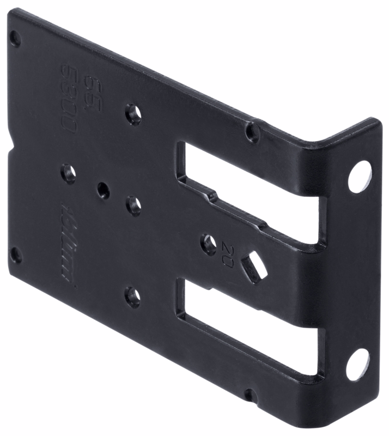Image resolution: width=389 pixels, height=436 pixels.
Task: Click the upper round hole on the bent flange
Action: point(360,177)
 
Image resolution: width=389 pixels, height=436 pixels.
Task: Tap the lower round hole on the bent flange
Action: point(357,364)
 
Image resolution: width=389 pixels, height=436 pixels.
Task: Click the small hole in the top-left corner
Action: point(15,39)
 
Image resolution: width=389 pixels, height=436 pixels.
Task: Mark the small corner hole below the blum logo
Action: point(16,255)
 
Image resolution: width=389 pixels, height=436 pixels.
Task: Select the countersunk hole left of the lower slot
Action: point(132,296)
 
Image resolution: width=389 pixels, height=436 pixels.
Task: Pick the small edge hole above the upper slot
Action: point(252,131)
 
